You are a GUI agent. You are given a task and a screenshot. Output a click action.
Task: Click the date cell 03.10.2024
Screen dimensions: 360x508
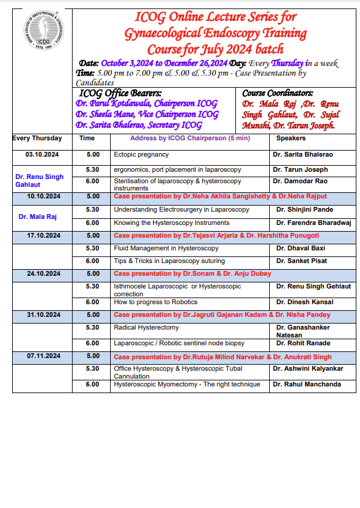pyautogui.click(x=42, y=154)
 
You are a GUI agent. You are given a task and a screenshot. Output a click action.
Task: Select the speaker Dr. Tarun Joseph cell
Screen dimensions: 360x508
pyautogui.click(x=300, y=170)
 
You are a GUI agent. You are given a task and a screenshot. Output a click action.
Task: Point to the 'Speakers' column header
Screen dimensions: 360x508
pyautogui.click(x=290, y=138)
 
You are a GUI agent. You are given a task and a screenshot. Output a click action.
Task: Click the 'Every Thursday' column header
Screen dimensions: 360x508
pyautogui.click(x=38, y=138)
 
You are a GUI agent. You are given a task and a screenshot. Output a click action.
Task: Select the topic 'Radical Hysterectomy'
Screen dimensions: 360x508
pyautogui.click(x=146, y=327)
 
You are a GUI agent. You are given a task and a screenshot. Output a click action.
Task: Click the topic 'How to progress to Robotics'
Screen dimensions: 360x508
pyautogui.click(x=155, y=302)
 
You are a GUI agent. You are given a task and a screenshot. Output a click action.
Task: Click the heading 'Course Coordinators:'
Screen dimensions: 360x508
pyautogui.click(x=278, y=94)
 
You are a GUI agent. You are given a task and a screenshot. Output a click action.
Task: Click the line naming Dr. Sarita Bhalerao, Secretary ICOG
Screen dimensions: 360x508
pyautogui.click(x=139, y=125)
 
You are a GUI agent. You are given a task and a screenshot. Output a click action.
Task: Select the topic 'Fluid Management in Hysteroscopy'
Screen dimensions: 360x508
pyautogui.click(x=166, y=248)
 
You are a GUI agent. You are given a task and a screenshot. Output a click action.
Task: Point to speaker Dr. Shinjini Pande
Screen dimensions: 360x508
pyautogui.click(x=304, y=209)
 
